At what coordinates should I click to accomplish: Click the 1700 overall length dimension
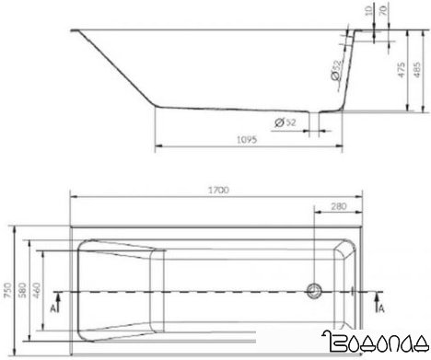tap(219, 190)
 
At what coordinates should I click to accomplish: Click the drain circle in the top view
tap(315, 291)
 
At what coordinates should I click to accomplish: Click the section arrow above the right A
tap(378, 296)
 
